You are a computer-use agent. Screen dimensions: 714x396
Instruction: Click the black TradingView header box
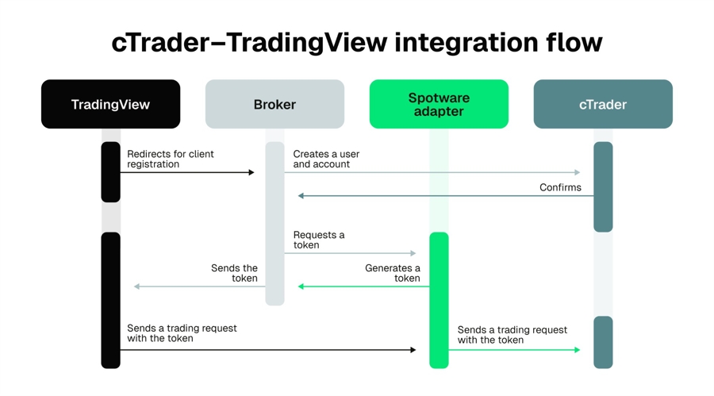click(110, 104)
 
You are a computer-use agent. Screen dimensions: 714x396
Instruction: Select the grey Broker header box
click(274, 104)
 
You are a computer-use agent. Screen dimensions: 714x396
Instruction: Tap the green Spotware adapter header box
click(439, 104)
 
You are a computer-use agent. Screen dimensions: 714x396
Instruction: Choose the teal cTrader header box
click(603, 104)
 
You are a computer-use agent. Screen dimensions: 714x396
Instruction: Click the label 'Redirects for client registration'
click(171, 159)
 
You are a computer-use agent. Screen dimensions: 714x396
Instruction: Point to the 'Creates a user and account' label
click(326, 159)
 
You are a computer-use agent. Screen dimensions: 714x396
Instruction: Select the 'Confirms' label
click(560, 187)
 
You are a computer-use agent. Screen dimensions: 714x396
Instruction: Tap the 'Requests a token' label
click(319, 240)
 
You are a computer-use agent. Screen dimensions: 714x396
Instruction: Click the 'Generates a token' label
click(393, 273)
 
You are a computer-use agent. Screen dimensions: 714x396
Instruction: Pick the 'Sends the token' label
click(235, 273)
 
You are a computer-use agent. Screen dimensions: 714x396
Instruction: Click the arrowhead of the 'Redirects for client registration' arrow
click(251, 172)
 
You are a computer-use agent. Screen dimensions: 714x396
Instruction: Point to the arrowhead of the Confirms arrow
click(301, 196)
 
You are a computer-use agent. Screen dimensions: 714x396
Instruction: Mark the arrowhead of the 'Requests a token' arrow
click(413, 253)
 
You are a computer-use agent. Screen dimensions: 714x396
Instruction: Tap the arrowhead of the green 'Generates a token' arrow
click(301, 286)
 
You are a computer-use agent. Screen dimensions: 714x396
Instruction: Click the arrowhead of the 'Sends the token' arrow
click(137, 286)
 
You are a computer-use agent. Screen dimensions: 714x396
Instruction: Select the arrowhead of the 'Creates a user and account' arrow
click(578, 172)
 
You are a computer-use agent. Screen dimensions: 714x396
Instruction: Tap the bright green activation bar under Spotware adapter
click(439, 300)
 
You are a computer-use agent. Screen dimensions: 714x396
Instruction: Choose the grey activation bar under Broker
click(275, 223)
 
